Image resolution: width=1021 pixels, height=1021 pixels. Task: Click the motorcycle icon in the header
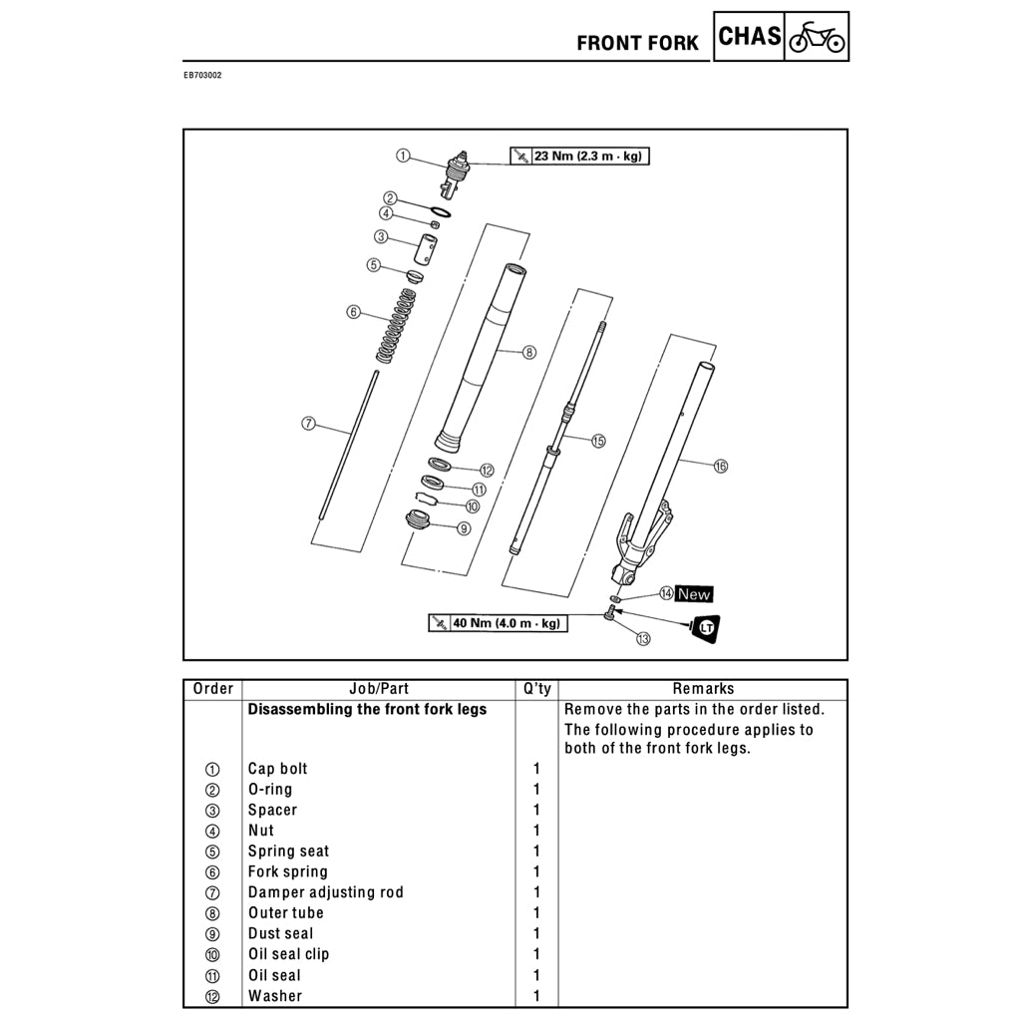[817, 38]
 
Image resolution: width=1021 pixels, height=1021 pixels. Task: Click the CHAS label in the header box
[750, 37]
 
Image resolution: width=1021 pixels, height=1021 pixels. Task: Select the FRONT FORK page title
[638, 43]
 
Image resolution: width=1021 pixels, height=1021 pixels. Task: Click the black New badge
[694, 594]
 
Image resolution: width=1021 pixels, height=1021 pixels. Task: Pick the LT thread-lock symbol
[708, 627]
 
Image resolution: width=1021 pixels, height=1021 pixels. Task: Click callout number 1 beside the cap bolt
[402, 156]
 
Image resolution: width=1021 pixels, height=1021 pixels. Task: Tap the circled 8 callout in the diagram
[529, 352]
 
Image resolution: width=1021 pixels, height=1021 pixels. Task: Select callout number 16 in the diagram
[721, 465]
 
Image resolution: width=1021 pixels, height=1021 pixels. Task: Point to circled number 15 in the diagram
[598, 441]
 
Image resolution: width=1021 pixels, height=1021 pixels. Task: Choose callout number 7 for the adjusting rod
[309, 424]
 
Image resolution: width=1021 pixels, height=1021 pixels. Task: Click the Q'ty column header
[537, 689]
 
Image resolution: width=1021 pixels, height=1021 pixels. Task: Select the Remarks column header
[703, 689]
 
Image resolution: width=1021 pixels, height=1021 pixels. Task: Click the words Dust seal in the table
[280, 933]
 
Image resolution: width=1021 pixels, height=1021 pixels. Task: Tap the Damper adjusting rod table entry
[326, 892]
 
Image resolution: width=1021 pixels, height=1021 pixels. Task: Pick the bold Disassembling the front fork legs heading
[367, 710]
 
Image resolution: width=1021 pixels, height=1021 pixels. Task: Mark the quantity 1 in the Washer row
[536, 996]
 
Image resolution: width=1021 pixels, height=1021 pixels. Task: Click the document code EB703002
[202, 75]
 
